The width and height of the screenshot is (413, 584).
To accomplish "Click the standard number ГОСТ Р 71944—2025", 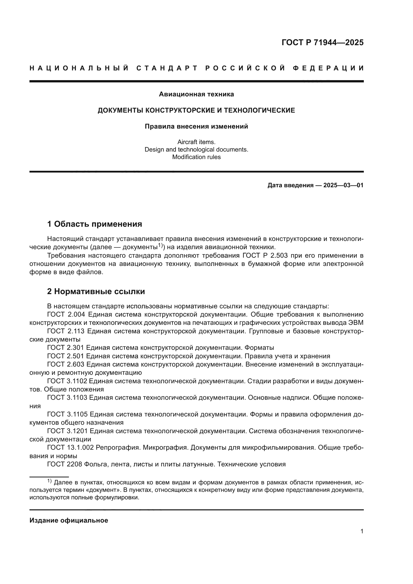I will [x=322, y=42].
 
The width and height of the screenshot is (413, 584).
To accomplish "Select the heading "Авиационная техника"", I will [x=196, y=94].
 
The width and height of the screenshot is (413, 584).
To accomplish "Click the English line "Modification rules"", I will [x=196, y=157].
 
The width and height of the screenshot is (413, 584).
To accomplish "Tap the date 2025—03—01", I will [x=343, y=185].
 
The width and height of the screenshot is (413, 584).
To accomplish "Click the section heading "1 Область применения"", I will [x=94, y=224].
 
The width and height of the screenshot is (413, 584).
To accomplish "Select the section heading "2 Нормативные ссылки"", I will [x=96, y=291].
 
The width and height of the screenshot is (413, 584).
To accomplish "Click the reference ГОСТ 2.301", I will [x=66, y=348].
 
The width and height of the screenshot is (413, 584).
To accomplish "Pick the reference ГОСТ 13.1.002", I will [x=70, y=447].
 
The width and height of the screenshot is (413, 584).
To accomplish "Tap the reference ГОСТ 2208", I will [x=64, y=464].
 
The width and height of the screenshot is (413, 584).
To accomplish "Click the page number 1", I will [x=362, y=532].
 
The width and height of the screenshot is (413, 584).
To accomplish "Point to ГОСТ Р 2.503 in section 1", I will [x=263, y=256].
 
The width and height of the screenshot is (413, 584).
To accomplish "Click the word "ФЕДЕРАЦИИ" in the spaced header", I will [x=328, y=68].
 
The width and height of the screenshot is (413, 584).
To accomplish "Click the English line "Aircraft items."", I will [x=196, y=142].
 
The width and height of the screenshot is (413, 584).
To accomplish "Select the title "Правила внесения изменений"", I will [x=196, y=126].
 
